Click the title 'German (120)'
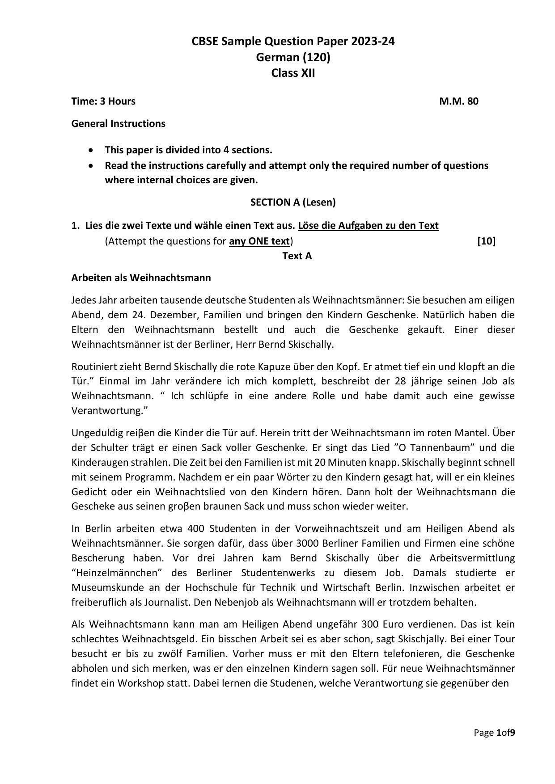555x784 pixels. coord(293,57)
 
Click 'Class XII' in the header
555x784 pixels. coord(293,73)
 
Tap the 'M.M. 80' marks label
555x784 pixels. coord(458,101)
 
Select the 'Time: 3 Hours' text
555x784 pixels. coord(103,101)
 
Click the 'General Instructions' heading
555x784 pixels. coord(118,123)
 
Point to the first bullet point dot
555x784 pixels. coord(92,150)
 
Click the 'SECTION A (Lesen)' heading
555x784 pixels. coord(293,202)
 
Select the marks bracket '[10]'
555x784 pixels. coord(486,241)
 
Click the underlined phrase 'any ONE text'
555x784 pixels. coord(259,241)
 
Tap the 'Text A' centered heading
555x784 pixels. coord(297,256)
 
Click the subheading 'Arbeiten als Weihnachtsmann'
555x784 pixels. coord(141,278)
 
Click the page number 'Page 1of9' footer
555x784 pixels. coord(494,733)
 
